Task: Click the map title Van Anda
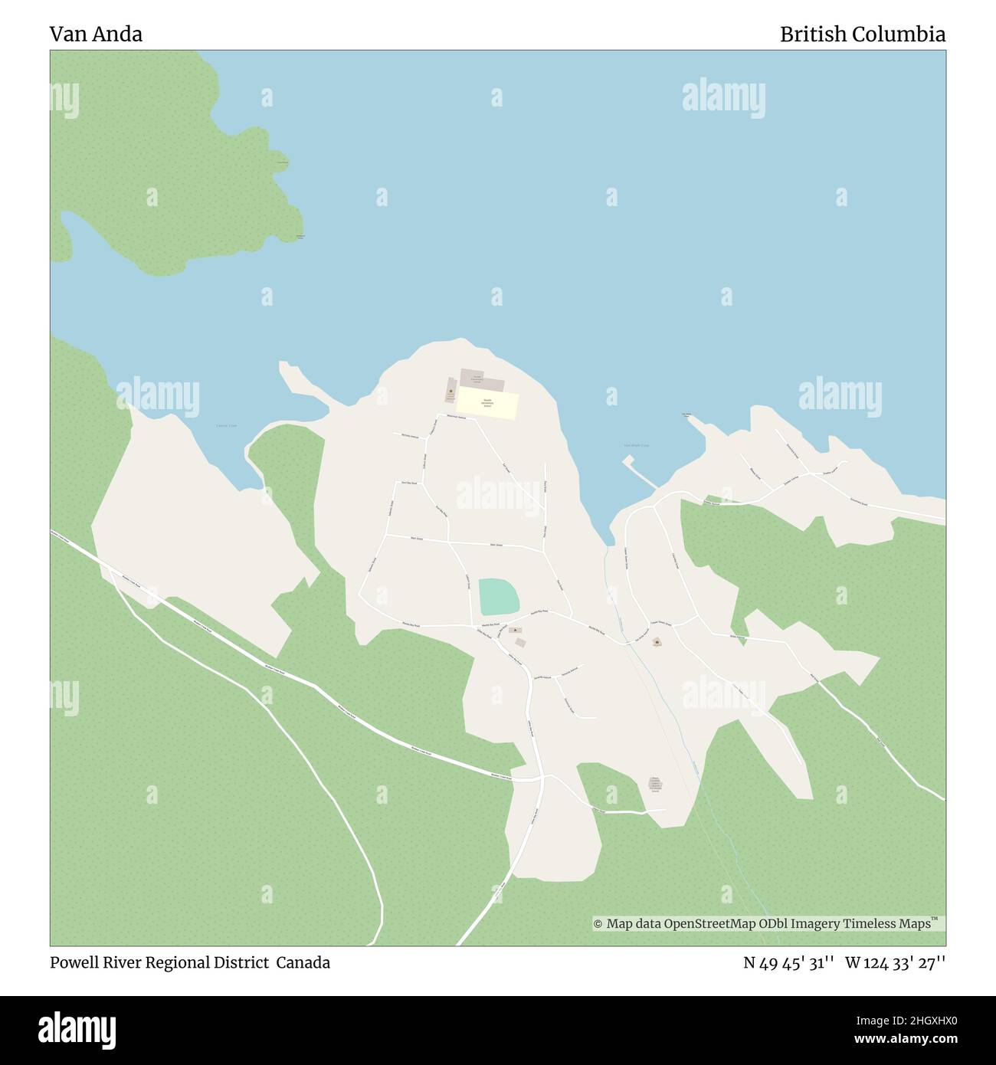96,34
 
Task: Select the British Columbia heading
862,34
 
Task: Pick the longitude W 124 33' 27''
895,962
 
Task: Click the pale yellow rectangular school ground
488,405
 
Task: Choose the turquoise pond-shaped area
497,596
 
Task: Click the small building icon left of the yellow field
450,392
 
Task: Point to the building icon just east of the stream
657,642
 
